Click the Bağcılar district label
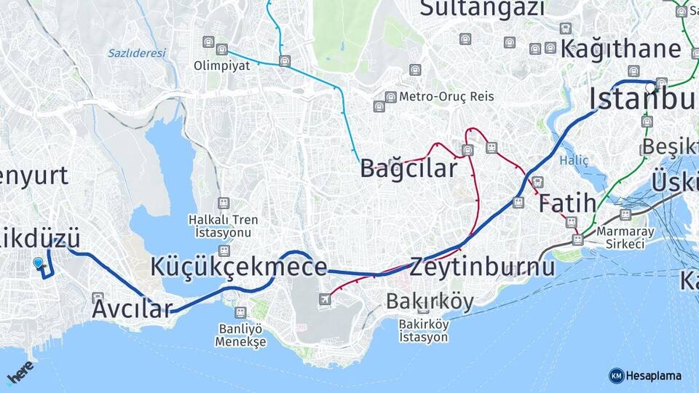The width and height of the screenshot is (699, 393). [408, 168]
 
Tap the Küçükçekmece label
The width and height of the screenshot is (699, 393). [238, 266]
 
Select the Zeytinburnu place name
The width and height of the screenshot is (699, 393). [482, 267]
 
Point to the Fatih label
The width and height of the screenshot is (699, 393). [567, 203]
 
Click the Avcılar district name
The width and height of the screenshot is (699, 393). [132, 309]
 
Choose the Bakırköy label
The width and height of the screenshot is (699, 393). [430, 301]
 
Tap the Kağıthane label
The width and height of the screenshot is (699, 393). [621, 49]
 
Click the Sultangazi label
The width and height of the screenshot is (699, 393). [482, 8]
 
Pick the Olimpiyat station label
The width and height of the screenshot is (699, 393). [221, 65]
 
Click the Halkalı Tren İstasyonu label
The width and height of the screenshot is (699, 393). [223, 226]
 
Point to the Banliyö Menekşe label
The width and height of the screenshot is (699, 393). [242, 334]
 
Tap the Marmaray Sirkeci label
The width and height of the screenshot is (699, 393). [620, 237]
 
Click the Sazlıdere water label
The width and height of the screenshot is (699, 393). [137, 52]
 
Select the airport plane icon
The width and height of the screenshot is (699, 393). [324, 299]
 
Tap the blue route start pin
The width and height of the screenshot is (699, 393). [38, 263]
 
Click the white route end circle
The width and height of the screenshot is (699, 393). [649, 87]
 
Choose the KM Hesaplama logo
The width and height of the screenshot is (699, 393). [645, 376]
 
